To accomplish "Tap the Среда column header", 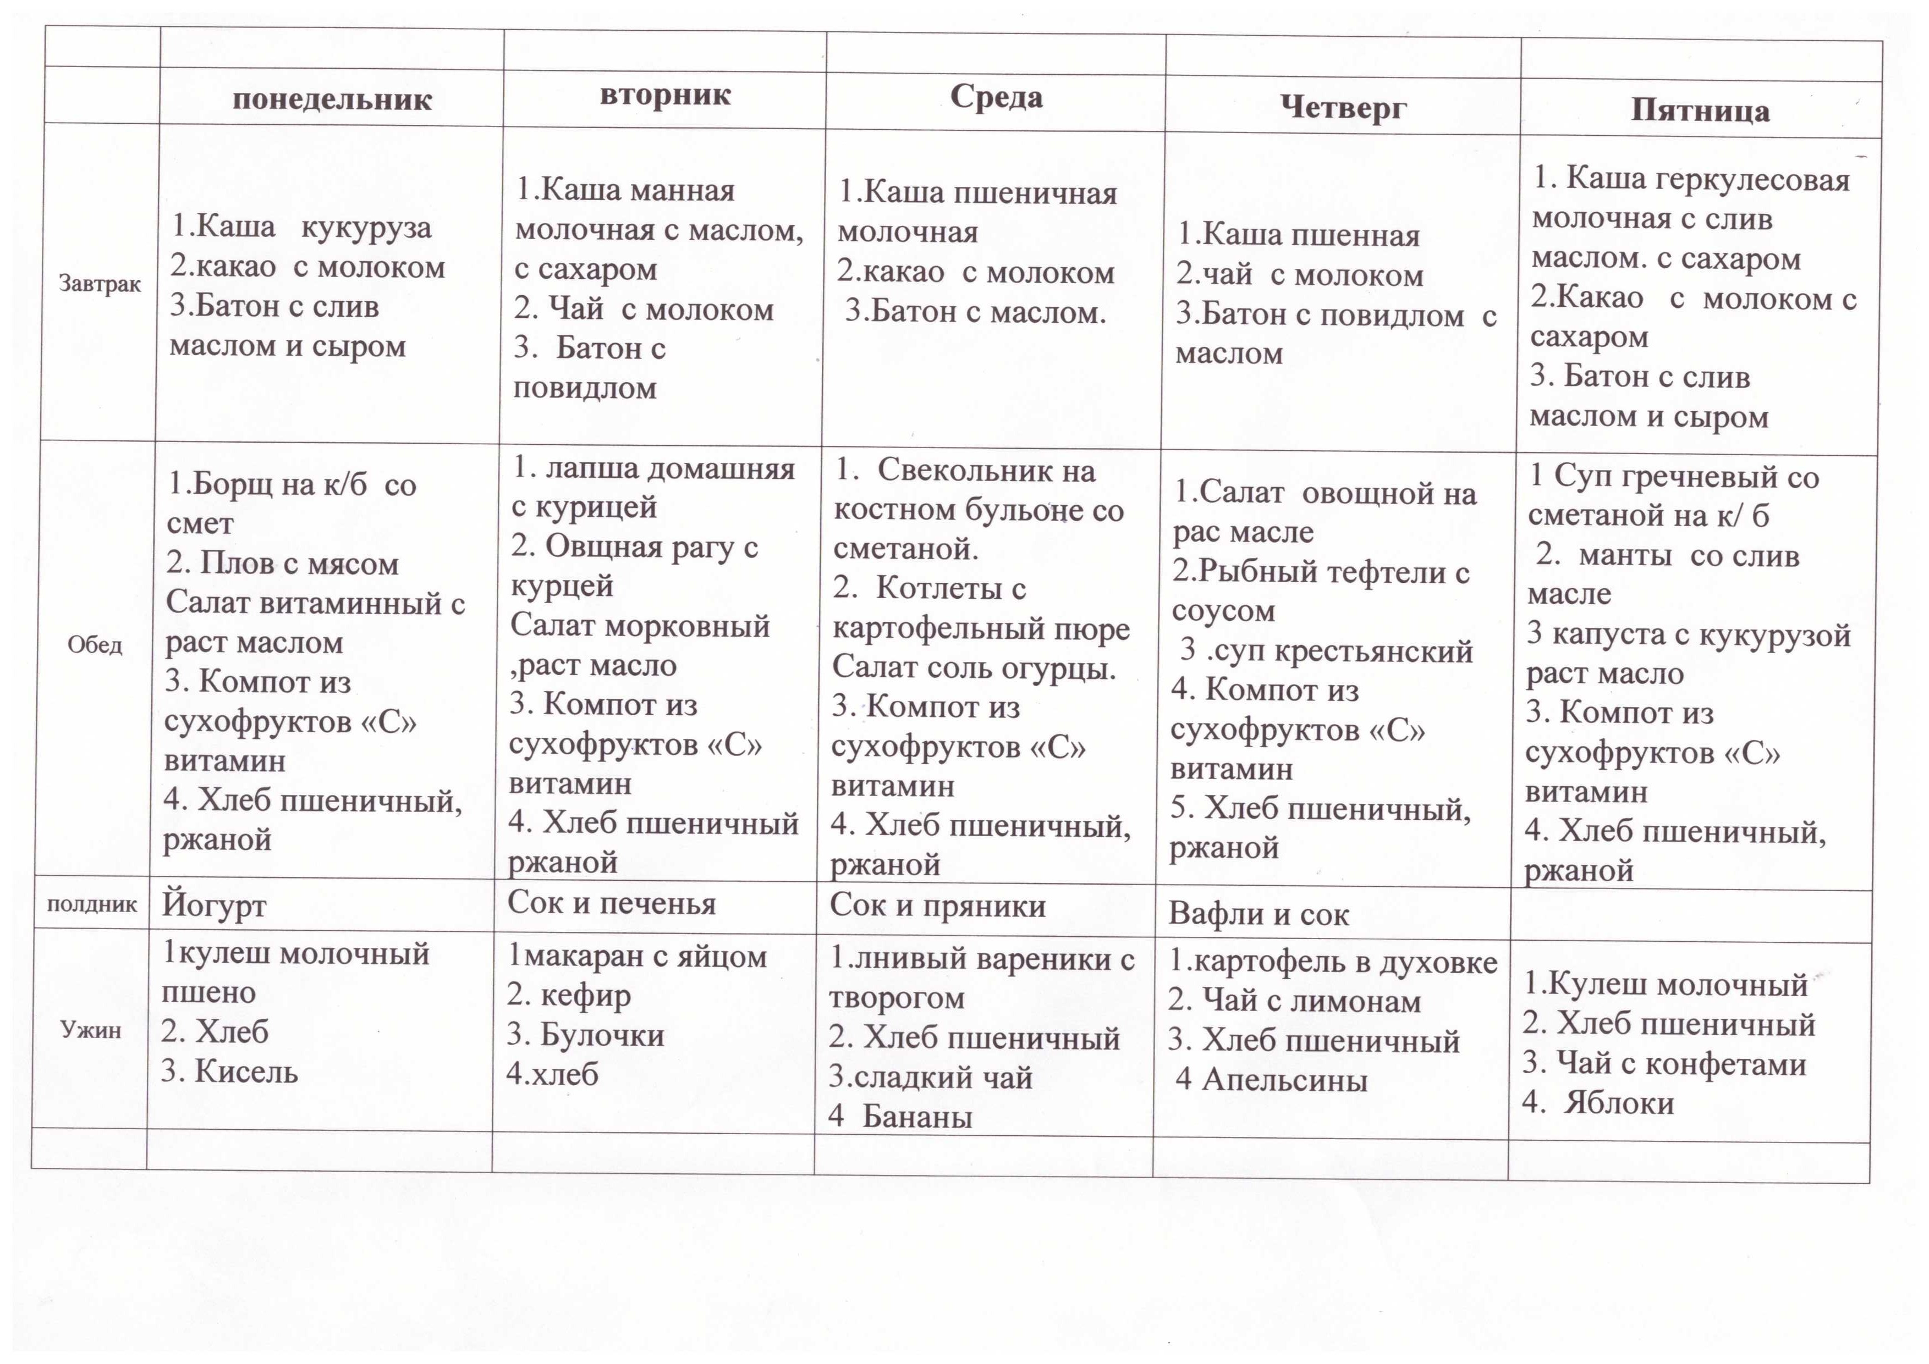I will pos(997,97).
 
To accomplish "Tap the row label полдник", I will pos(91,904).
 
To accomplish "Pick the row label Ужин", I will pos(91,1030).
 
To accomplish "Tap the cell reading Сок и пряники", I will pos(938,905).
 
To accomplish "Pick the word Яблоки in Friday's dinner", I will pos(1618,1103).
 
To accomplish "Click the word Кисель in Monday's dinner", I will pos(246,1072).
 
